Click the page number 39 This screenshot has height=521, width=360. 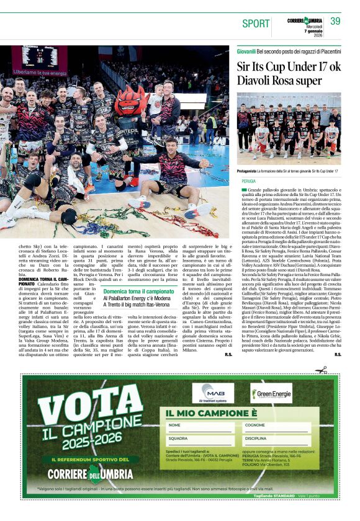coord(335,21)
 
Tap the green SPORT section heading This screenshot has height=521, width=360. coord(256,23)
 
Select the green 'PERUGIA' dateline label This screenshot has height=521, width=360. coord(249,181)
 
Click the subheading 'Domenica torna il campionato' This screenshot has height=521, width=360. coord(138,291)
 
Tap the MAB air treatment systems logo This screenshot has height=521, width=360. coord(213,394)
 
